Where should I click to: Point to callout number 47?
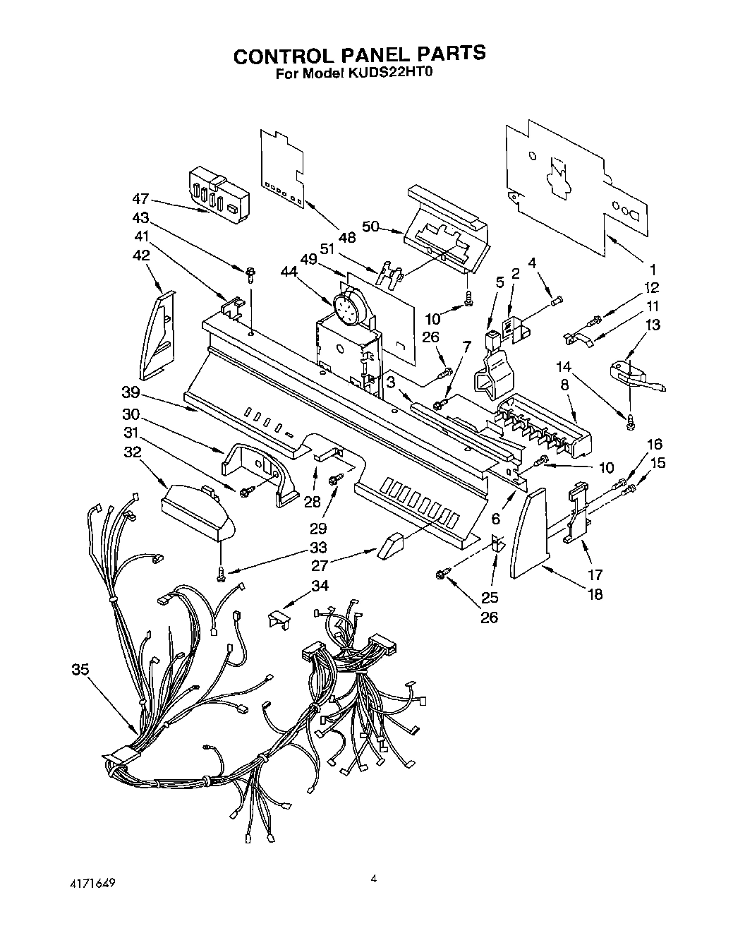(140, 200)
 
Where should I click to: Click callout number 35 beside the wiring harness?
(80, 670)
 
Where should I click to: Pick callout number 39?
(131, 392)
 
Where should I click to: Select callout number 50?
(371, 226)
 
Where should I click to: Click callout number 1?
(653, 269)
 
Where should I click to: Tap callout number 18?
(595, 594)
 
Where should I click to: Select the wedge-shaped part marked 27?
(389, 545)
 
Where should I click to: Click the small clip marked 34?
(280, 618)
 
